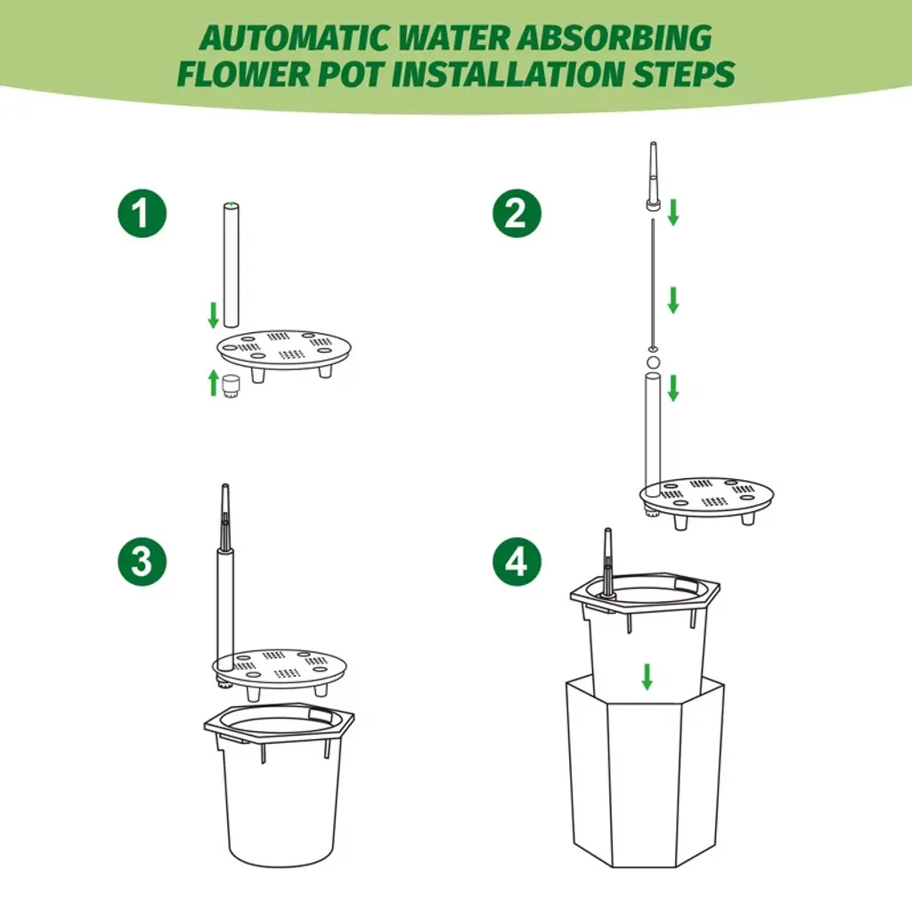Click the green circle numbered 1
[x=142, y=213]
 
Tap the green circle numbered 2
[x=517, y=213]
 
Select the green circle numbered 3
[x=142, y=561]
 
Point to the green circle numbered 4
[x=517, y=561]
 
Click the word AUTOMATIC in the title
[x=294, y=38]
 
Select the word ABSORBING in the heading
[x=615, y=38]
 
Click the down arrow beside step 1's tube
[x=214, y=314]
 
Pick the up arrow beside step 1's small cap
[x=214, y=383]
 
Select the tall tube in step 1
[x=232, y=265]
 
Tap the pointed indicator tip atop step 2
[x=653, y=175]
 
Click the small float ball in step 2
[x=653, y=363]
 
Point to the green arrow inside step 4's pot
[x=647, y=677]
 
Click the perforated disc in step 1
[x=284, y=351]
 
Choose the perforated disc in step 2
[x=706, y=498]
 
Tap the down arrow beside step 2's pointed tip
[x=673, y=212]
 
